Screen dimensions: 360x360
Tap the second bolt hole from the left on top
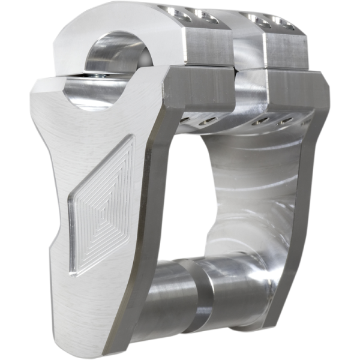[x=206, y=17]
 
